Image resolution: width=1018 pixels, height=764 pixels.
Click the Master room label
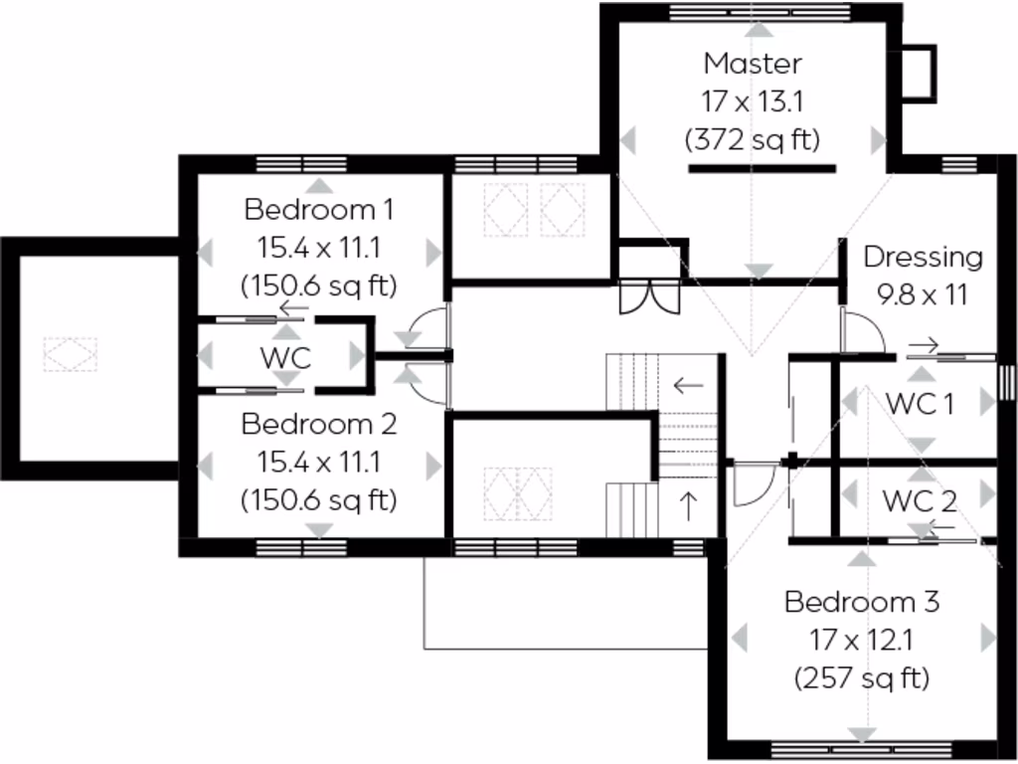(x=753, y=64)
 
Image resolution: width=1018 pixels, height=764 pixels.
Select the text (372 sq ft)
(x=753, y=140)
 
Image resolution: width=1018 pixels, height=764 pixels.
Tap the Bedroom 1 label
(x=319, y=210)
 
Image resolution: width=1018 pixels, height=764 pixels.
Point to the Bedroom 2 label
(x=319, y=425)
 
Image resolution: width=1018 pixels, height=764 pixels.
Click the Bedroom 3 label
(x=862, y=602)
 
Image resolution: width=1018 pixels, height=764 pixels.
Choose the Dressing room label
(x=923, y=257)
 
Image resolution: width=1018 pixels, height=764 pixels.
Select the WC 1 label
(x=920, y=404)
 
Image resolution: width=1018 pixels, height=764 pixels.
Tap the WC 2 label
(x=920, y=501)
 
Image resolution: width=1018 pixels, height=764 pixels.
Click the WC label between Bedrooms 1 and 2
(x=285, y=357)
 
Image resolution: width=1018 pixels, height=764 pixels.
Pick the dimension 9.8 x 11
(x=923, y=295)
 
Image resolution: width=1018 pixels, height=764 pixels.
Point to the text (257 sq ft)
(x=862, y=678)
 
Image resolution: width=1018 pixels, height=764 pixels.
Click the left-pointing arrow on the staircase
(x=687, y=384)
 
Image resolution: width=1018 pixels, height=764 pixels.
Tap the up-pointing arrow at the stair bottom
(x=687, y=503)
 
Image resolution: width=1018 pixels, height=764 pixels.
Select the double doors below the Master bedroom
(x=649, y=297)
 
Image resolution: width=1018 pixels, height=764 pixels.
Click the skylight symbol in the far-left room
(x=71, y=355)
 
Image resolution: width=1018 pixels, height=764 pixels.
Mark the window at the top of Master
(x=760, y=12)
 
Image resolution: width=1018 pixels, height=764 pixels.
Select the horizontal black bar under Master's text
(x=762, y=169)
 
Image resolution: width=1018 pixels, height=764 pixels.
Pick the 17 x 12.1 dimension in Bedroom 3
(x=862, y=641)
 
